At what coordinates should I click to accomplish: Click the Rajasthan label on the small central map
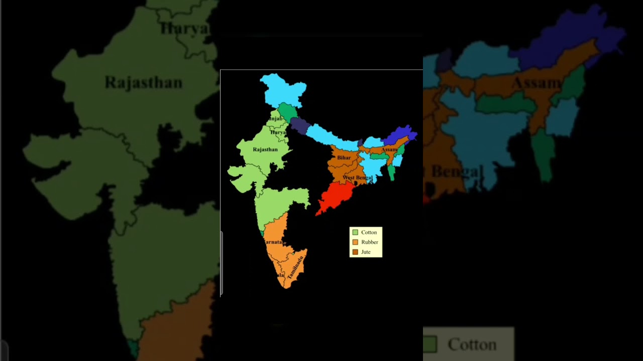click(x=265, y=149)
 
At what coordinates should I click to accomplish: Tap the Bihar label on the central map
click(x=344, y=157)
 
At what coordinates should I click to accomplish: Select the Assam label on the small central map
click(x=389, y=149)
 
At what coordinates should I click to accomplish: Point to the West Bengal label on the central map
click(x=357, y=177)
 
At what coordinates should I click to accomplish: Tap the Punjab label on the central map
click(x=275, y=119)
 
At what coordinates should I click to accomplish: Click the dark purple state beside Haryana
click(x=299, y=126)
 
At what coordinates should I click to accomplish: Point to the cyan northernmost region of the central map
click(x=283, y=90)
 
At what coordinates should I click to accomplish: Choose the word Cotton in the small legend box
click(x=369, y=232)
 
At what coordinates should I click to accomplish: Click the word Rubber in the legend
click(x=370, y=242)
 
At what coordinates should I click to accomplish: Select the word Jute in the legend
click(x=366, y=252)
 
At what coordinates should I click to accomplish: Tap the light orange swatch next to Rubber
click(x=355, y=242)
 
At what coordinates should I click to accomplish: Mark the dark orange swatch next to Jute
click(x=355, y=252)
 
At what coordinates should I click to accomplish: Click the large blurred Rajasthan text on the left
click(x=143, y=82)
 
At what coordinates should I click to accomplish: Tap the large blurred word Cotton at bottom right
click(x=472, y=344)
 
